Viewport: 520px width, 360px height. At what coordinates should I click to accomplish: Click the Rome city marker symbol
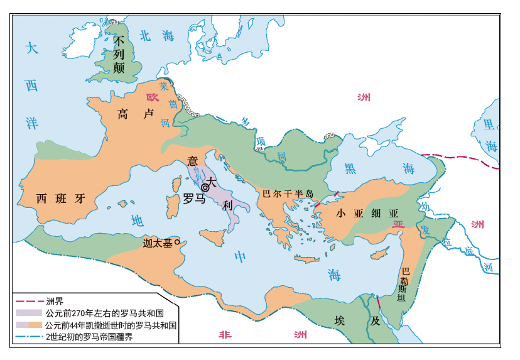[x=205, y=187]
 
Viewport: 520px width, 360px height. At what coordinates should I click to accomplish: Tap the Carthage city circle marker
[x=177, y=242]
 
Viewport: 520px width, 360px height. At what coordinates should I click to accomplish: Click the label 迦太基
[x=157, y=243]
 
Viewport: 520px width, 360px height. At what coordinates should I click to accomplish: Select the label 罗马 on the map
[x=193, y=199]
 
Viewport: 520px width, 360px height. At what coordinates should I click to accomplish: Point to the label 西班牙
[x=60, y=199]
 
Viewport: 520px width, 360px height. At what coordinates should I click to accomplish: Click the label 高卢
[x=136, y=114]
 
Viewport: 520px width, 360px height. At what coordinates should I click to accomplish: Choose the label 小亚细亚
[x=367, y=213]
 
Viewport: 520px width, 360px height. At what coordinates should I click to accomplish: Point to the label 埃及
[x=357, y=320]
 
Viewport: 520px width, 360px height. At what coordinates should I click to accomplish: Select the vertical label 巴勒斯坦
[x=404, y=285]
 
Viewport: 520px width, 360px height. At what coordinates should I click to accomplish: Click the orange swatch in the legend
[x=35, y=325]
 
